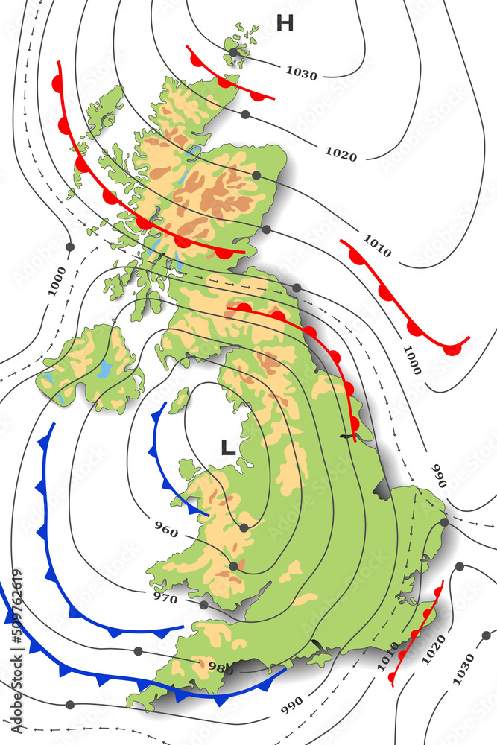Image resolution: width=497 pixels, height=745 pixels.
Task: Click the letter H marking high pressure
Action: tap(285, 24)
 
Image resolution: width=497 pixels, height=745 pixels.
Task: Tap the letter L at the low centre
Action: tap(228, 448)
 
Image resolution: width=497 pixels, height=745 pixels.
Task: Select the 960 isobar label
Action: tap(166, 530)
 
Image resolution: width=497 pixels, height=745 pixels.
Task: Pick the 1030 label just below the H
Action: tap(302, 74)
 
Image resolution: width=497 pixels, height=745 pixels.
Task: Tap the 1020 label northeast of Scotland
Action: tap(341, 154)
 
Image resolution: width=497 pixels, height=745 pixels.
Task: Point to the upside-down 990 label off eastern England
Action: tap(437, 475)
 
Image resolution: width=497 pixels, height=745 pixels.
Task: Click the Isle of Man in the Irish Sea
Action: tap(180, 400)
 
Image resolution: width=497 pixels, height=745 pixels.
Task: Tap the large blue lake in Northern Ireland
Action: tap(105, 368)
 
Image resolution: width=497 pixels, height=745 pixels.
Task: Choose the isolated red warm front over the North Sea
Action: tap(402, 298)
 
